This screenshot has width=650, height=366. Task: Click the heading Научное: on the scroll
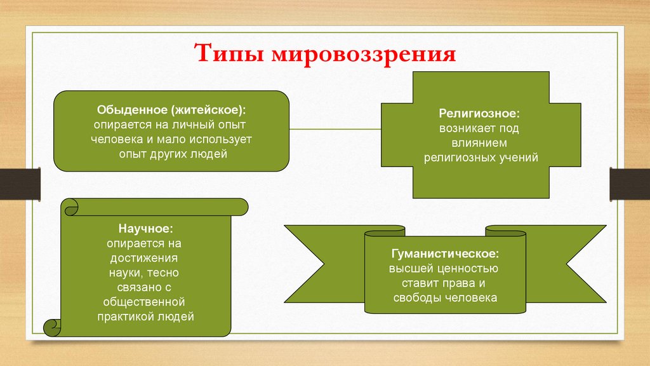click(145, 227)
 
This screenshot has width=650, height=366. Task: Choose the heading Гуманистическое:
click(444, 254)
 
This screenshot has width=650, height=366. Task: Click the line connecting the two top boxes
click(335, 129)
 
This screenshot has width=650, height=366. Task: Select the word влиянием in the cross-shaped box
click(479, 143)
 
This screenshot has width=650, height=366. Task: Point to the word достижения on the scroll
click(146, 258)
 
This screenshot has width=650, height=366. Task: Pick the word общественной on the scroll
click(146, 301)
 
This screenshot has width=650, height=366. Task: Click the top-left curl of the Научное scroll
click(69, 207)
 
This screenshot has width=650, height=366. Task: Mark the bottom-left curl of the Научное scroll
click(52, 327)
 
